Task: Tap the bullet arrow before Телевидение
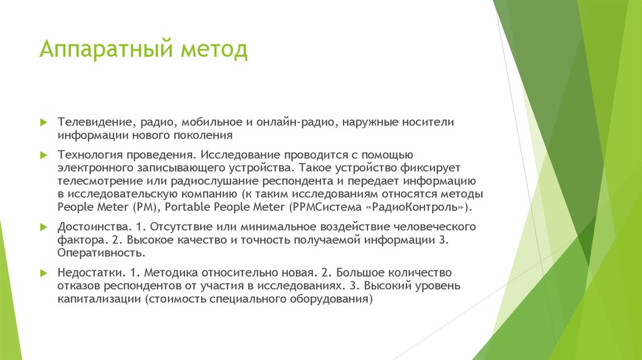(x=43, y=121)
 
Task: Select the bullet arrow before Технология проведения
(x=43, y=154)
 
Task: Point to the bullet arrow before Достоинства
(x=43, y=226)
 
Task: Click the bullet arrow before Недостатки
(x=43, y=273)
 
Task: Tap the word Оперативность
(x=102, y=253)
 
